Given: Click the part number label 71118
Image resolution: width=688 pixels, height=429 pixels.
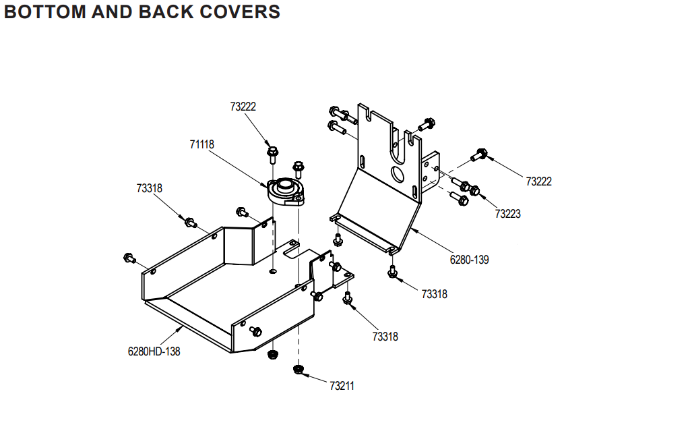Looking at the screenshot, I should click(201, 144).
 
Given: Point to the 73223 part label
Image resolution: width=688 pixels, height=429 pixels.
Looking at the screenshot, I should click(507, 214).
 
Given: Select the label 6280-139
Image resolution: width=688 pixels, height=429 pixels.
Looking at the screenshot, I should click(470, 259).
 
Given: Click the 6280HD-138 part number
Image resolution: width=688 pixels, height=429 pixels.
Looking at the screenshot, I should click(154, 351).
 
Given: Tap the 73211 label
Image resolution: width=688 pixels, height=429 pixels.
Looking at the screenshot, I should click(342, 386).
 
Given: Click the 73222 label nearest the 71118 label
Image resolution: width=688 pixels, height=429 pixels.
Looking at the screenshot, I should click(243, 107).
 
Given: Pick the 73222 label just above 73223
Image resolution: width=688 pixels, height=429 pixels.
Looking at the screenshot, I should click(538, 181).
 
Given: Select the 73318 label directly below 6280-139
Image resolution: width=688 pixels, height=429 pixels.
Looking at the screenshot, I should click(434, 294).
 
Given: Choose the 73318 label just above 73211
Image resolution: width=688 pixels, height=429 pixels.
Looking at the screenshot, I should click(385, 336).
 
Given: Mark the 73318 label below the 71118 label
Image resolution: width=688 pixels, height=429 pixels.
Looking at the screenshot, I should click(149, 189).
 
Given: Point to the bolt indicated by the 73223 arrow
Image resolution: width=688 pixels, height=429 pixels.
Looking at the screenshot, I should click(474, 191).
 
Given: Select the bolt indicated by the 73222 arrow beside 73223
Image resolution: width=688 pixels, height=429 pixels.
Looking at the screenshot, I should click(480, 154).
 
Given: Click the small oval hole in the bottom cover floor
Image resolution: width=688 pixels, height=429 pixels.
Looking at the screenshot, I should click(272, 271).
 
